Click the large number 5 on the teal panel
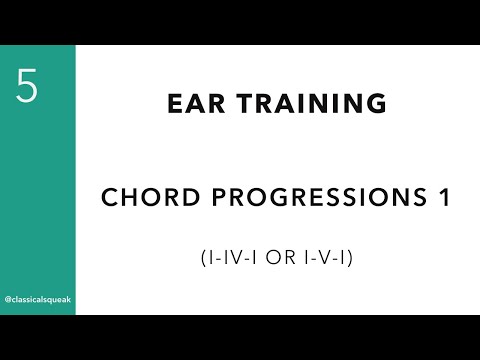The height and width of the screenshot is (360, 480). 27,88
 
